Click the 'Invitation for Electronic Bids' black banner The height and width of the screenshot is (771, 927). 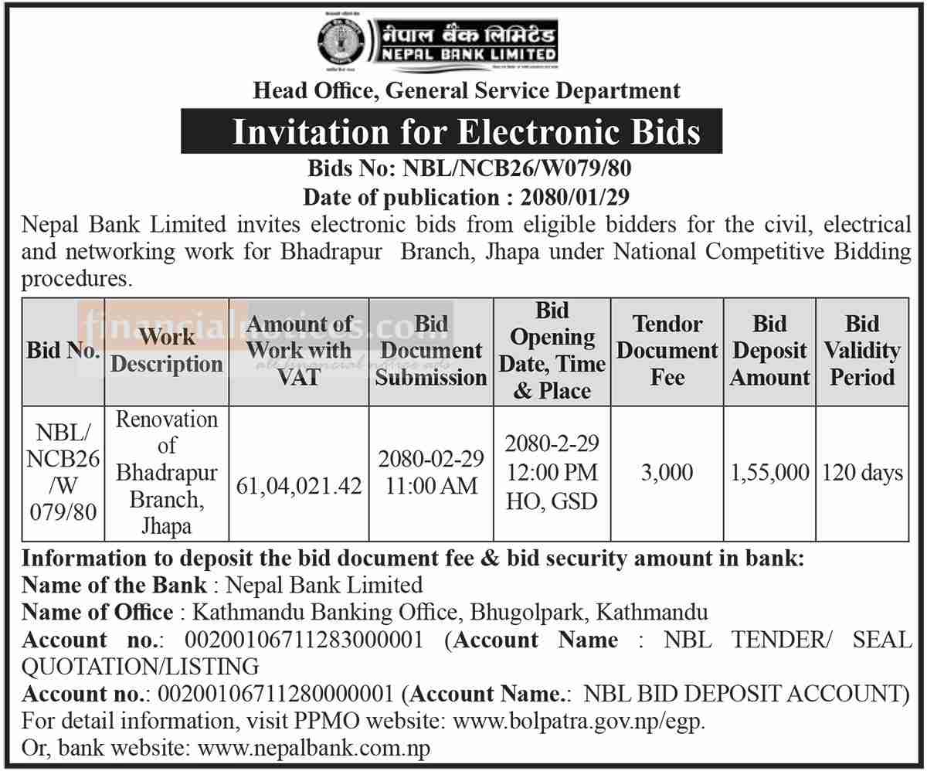click(x=452, y=131)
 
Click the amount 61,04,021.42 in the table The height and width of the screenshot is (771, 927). click(x=299, y=485)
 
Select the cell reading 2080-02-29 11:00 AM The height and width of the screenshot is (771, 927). click(x=431, y=472)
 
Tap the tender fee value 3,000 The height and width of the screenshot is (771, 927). click(x=667, y=472)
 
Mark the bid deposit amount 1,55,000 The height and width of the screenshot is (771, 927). click(x=769, y=472)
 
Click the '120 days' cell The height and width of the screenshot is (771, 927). click(x=861, y=472)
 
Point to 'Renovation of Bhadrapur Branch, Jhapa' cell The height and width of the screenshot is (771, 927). click(x=166, y=472)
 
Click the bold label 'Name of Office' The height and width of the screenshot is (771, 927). click(x=97, y=613)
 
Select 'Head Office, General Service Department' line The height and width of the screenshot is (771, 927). click(x=467, y=90)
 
